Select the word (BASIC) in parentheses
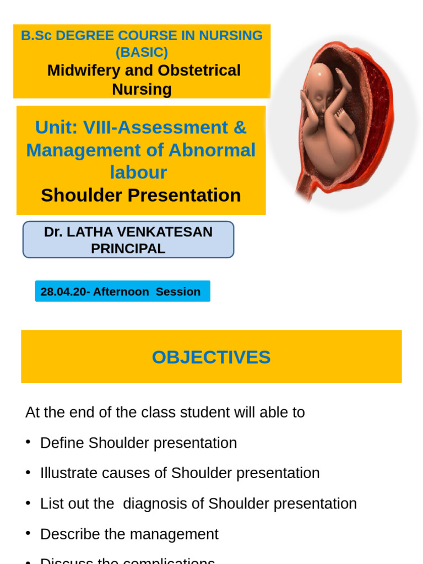pyautogui.click(x=142, y=52)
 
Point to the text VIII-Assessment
pyautogui.click(x=156, y=127)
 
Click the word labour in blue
pyautogui.click(x=138, y=172)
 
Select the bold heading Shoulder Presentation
pyautogui.click(x=141, y=195)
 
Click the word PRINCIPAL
pyautogui.click(x=128, y=248)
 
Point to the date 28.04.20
pyautogui.click(x=62, y=291)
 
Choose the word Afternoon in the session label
pyautogui.click(x=121, y=291)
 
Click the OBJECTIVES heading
pyautogui.click(x=211, y=357)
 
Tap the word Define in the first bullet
pyautogui.click(x=62, y=443)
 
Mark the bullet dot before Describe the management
pyautogui.click(x=28, y=534)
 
